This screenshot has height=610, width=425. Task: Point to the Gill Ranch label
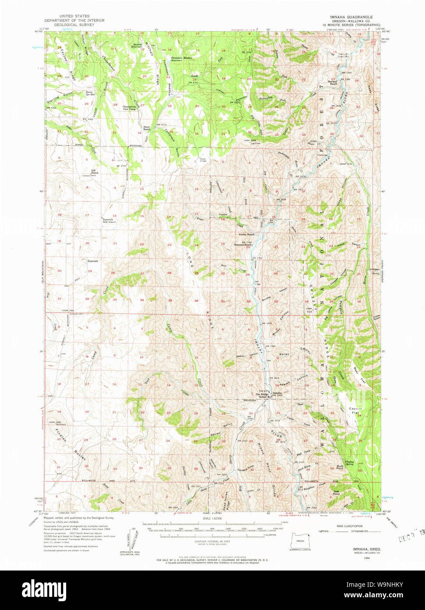pos(94,172)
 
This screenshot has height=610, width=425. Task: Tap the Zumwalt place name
pos(93,261)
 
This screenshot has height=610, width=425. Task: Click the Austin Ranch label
pos(241,235)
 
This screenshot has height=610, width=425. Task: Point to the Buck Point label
pos(340,467)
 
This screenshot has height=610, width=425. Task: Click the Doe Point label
pos(336,493)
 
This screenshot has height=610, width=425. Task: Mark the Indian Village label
pos(202,160)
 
